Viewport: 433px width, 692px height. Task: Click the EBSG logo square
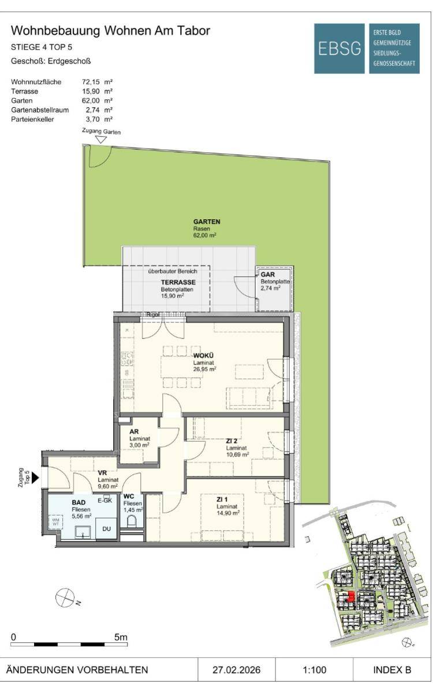pos(339,48)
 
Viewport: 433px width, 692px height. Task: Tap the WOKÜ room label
pos(203,356)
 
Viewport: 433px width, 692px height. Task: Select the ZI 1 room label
pos(222,499)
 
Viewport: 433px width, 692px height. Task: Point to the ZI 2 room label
pos(232,441)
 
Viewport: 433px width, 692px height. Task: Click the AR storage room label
pos(134,431)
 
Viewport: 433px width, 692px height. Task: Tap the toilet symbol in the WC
pos(132,521)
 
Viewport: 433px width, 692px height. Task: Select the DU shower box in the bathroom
pos(106,529)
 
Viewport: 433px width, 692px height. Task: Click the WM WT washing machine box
pos(56,522)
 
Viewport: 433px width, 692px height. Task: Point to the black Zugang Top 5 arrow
pos(36,478)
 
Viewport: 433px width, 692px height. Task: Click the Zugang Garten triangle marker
pos(101,140)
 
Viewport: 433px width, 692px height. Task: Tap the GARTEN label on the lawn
pos(207,221)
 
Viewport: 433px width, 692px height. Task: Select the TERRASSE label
pos(178,282)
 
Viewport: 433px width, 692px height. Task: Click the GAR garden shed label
pos(267,274)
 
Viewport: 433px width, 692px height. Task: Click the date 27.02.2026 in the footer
pos(236,670)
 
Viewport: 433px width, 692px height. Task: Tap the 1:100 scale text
pos(314,670)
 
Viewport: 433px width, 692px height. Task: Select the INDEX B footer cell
pos(392,670)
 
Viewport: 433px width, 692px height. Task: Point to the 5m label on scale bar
pos(121,637)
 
